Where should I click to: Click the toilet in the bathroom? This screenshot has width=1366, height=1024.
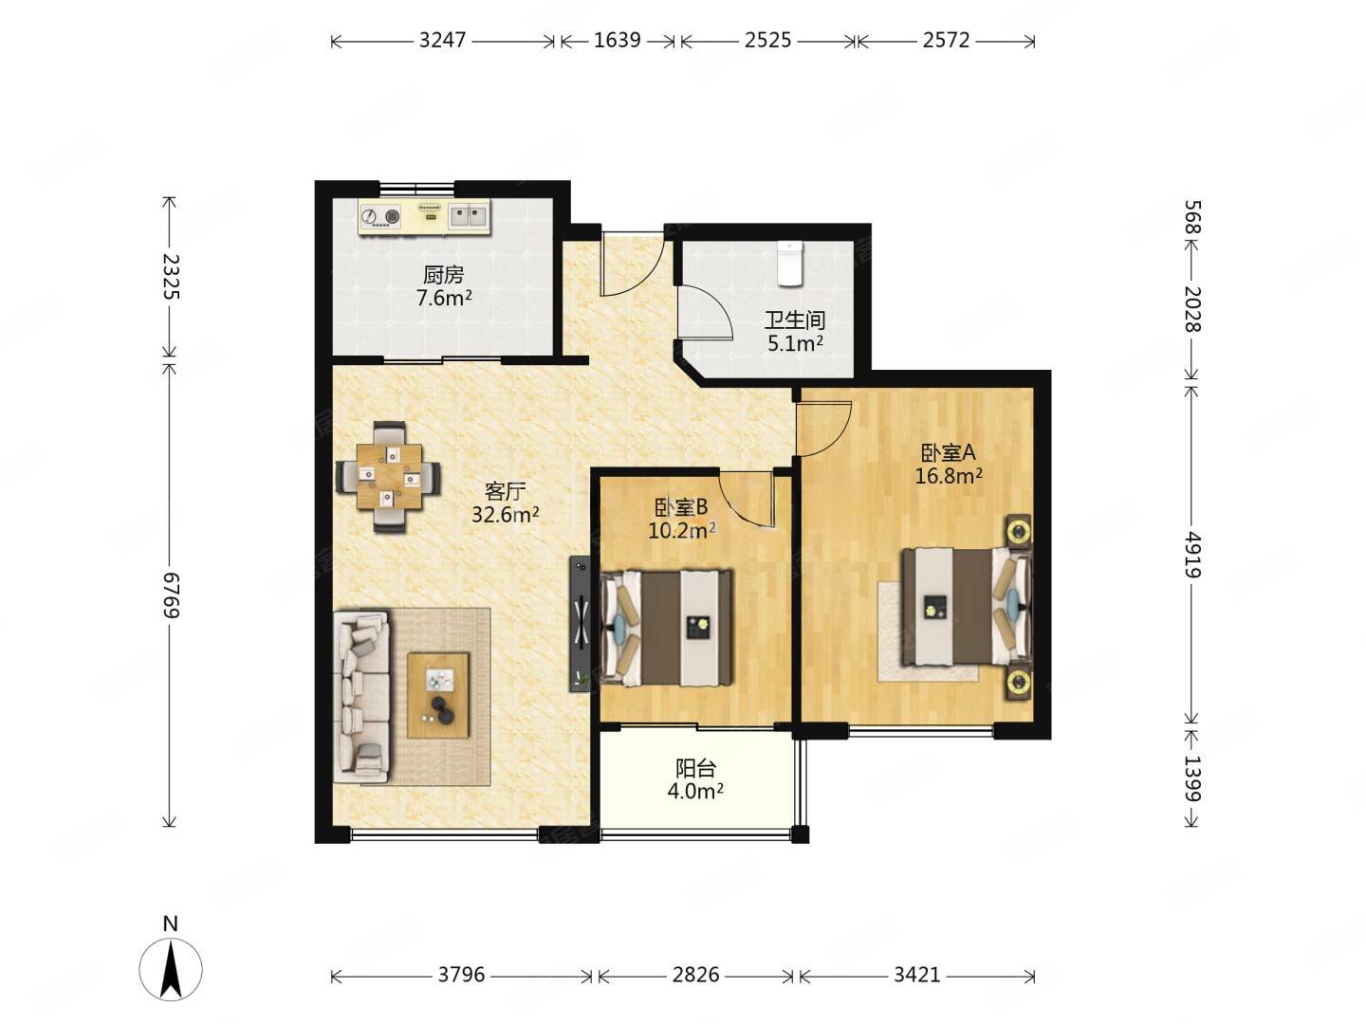pyautogui.click(x=790, y=263)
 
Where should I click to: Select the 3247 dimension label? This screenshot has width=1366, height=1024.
pyautogui.click(x=442, y=41)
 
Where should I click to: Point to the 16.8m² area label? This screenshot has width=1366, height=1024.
pyautogui.click(x=949, y=476)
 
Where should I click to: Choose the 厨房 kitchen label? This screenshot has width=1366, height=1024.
pyautogui.click(x=444, y=274)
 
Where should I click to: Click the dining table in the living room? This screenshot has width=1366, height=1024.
pyautogui.click(x=388, y=476)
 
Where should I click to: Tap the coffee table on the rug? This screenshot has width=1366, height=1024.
pyautogui.click(x=437, y=695)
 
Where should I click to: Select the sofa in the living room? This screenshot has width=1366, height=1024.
pyautogui.click(x=361, y=696)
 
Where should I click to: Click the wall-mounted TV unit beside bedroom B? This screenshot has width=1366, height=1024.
pyautogui.click(x=581, y=624)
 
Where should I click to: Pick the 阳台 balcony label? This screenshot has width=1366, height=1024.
pyautogui.click(x=694, y=769)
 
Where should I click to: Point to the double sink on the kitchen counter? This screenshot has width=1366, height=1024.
pyautogui.click(x=468, y=216)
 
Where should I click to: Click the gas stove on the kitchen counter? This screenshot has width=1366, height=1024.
pyautogui.click(x=380, y=216)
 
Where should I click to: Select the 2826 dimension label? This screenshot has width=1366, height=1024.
pyautogui.click(x=695, y=974)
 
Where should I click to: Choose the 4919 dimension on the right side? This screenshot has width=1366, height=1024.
pyautogui.click(x=1191, y=555)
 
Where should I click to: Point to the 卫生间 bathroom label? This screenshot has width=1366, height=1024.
pyautogui.click(x=795, y=320)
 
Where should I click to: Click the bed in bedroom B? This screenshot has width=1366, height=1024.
pyautogui.click(x=666, y=628)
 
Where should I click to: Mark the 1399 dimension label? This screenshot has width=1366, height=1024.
pyautogui.click(x=1191, y=777)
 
